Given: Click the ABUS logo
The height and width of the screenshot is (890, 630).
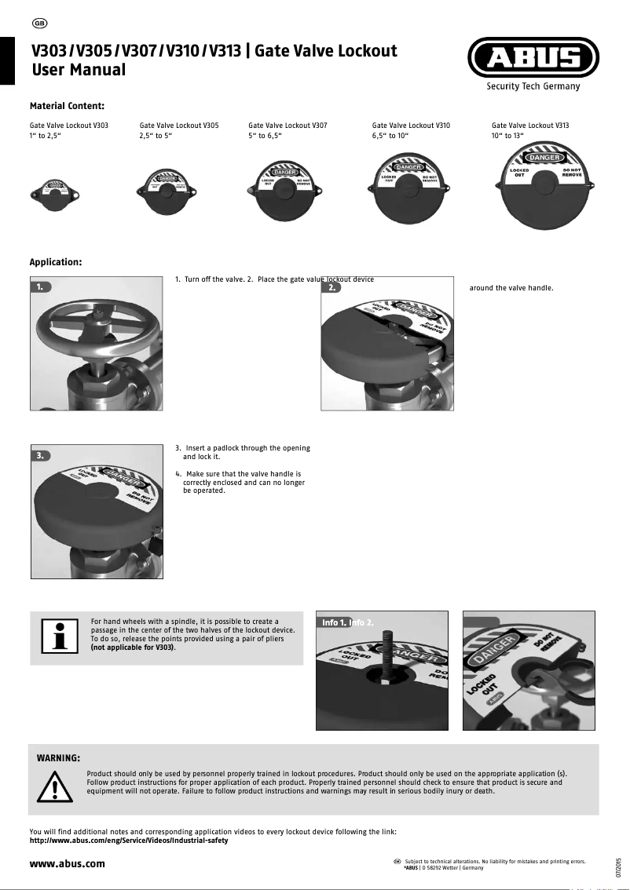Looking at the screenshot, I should point(533,59).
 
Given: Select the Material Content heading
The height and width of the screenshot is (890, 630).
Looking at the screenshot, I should point(67,105).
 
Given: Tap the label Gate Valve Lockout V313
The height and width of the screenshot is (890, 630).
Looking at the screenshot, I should point(530,125).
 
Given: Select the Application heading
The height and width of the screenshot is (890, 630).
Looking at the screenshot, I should point(55,262).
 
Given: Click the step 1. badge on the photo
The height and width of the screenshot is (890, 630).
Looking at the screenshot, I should point(41,287).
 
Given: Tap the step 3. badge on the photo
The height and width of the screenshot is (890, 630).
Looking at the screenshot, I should point(41,455).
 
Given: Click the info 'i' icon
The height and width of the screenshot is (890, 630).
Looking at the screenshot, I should point(57,637).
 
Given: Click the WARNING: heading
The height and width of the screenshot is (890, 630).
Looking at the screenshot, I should point(59,758).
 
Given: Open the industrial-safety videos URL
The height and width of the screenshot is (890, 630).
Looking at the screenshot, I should point(128,841).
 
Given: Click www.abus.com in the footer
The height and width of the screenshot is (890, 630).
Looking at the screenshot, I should point(67,863).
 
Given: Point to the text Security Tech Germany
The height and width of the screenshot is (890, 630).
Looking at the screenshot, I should point(533,86).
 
